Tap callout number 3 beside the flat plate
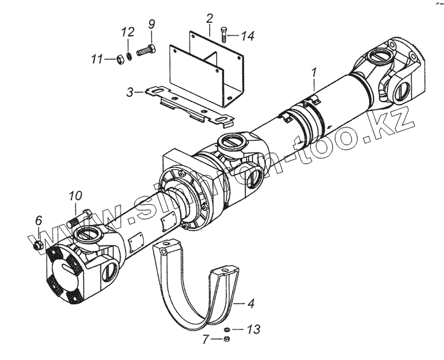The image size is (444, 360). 129,93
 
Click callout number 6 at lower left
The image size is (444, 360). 38,221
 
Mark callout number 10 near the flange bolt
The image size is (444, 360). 75,196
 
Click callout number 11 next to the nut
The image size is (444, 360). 96,60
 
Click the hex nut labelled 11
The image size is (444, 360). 119,60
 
